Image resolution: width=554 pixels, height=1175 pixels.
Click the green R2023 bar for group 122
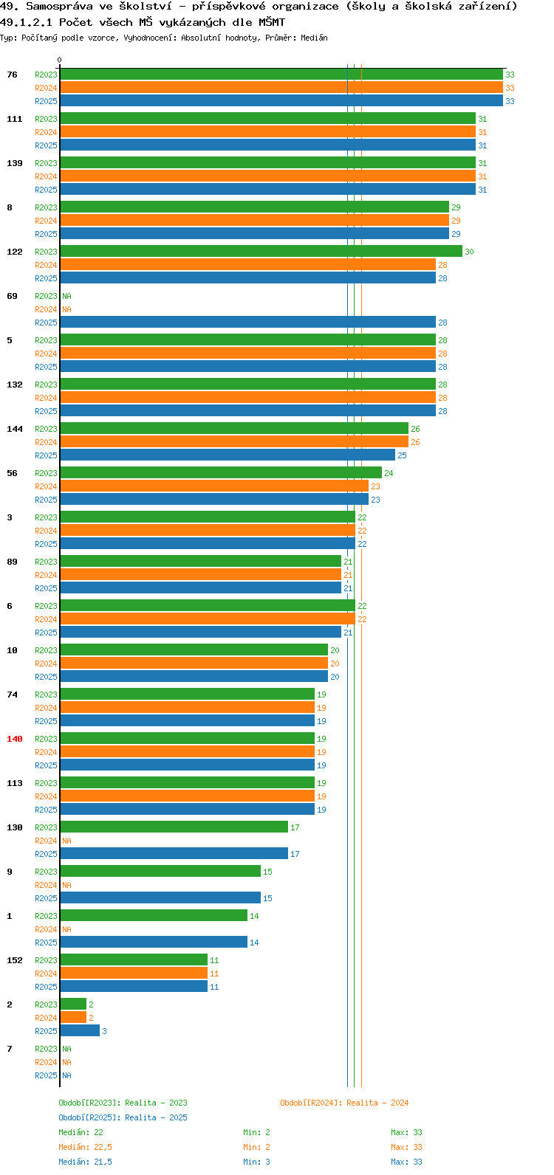coord(261,251)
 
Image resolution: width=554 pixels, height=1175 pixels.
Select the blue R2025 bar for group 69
coord(248,322)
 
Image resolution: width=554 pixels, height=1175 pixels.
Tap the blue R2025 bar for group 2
coord(80,1030)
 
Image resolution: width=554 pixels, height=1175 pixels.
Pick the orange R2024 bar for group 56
coord(214,486)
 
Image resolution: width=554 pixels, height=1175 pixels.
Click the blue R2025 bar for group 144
coord(228,455)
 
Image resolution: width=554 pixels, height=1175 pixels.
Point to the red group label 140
coord(15,739)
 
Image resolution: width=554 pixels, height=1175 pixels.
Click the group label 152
coord(15,960)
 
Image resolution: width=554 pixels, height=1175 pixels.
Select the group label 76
coord(12,75)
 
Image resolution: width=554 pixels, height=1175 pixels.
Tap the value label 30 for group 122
coord(470,252)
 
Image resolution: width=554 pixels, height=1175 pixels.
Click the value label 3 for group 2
coord(104,1031)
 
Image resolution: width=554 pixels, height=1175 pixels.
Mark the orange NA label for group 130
coord(66,841)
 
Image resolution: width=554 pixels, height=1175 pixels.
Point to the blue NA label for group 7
coord(66,1075)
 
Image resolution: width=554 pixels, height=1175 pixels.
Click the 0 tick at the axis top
coord(59,60)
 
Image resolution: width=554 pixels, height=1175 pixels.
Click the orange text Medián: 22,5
coord(85,1147)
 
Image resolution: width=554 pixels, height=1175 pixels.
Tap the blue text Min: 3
coord(257,1162)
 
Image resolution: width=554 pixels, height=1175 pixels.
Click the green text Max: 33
coord(406,1132)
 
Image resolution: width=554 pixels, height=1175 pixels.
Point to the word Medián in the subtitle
coord(314,38)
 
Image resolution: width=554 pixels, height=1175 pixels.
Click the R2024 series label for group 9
coord(47,885)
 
